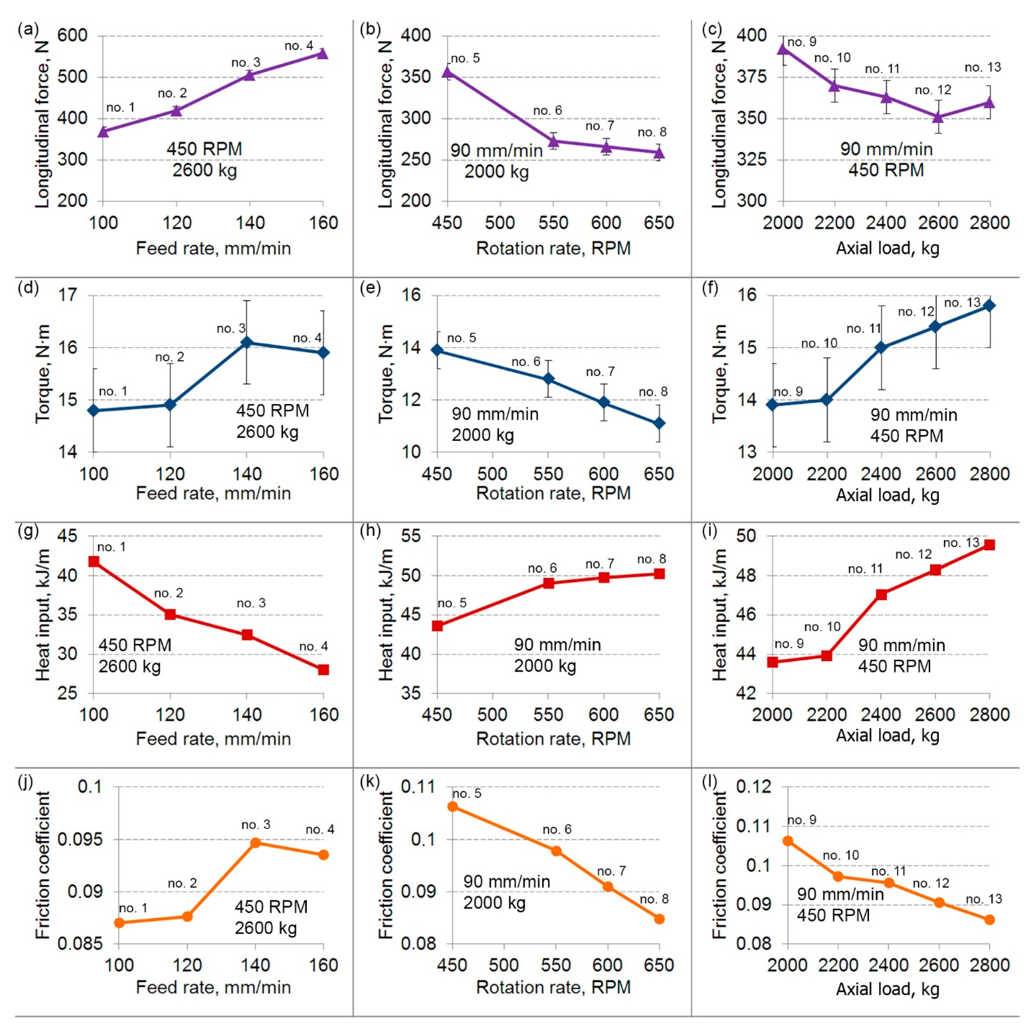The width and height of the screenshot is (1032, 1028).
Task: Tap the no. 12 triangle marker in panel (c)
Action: pos(938,116)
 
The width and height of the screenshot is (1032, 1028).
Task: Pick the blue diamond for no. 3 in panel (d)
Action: pos(246,342)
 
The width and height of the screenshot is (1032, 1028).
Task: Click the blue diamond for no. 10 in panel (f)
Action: pos(827,400)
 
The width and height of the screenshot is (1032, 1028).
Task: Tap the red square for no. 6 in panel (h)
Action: pos(549,583)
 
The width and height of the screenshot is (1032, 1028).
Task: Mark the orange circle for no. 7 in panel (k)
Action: pos(608,887)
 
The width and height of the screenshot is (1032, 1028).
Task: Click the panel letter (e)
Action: pos(371,288)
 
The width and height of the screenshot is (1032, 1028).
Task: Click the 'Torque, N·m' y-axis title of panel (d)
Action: pos(43,374)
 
